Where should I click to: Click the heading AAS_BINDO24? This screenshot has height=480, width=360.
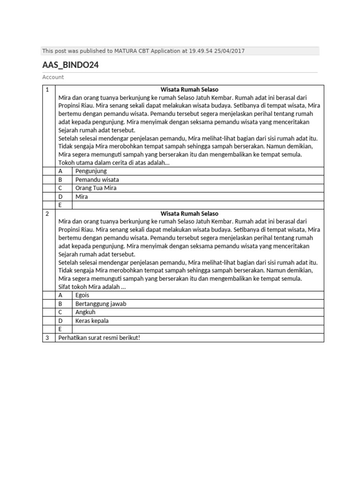[70, 65]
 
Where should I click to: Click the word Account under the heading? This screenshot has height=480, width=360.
[53, 77]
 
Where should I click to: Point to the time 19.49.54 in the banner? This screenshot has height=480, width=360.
[201, 51]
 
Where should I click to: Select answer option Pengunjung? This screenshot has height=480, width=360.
[91, 171]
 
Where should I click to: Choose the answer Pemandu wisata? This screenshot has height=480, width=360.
[97, 180]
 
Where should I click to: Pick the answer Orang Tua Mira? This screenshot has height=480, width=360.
[96, 188]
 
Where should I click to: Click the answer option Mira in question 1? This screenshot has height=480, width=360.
[82, 197]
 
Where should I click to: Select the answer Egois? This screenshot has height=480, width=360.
[82, 295]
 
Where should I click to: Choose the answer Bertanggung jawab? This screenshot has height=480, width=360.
[101, 304]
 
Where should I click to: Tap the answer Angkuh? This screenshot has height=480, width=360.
[85, 312]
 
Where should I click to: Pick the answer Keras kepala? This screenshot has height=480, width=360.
[92, 321]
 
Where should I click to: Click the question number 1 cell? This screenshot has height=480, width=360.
[47, 89]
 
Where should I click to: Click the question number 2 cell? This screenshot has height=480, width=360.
[47, 213]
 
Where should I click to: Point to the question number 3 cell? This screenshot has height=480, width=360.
[47, 337]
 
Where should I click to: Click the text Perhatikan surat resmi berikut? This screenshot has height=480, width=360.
[99, 337]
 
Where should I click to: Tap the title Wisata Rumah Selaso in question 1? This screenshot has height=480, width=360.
[189, 89]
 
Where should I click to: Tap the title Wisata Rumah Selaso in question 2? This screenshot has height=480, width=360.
[189, 213]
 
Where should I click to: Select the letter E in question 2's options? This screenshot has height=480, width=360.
[60, 329]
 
